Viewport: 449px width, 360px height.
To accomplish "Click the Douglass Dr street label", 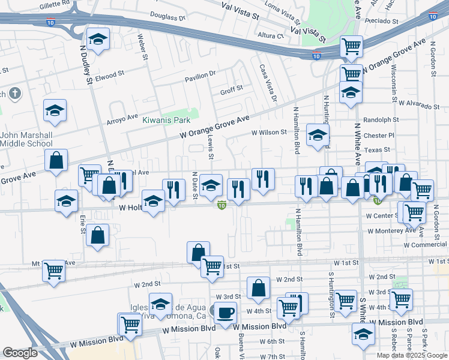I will tap(167, 17).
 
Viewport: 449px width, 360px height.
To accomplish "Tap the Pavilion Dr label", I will tap(200, 75).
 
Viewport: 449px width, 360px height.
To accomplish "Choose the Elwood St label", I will tap(109, 76).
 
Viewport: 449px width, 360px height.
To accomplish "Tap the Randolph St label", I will tap(377, 119).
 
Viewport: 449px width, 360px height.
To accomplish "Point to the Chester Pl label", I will tap(379, 135).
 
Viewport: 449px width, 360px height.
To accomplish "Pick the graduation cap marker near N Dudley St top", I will tap(98, 40).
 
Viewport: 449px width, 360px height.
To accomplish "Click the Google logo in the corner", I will tap(20, 353).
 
